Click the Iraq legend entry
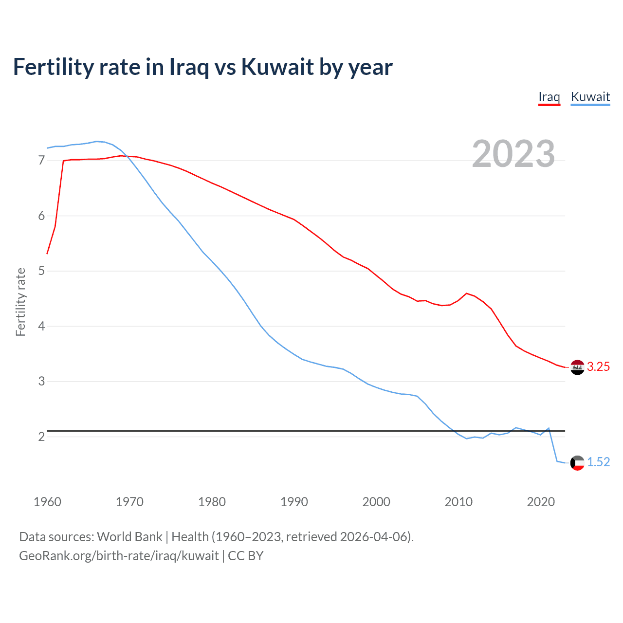549,97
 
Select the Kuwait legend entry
590,97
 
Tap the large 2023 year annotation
513,154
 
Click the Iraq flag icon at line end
577,367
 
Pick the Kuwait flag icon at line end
577,462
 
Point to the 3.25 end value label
598,367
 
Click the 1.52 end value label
598,462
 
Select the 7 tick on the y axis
41,160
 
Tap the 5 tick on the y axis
41,271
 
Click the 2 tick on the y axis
41,437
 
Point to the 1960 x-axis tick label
47,502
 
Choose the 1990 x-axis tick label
294,502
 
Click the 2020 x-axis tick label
541,502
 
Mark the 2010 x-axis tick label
458,502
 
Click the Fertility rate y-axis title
20,302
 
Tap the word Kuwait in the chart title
277,67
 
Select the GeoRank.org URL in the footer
119,556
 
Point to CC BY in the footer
246,556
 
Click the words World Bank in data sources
129,537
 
